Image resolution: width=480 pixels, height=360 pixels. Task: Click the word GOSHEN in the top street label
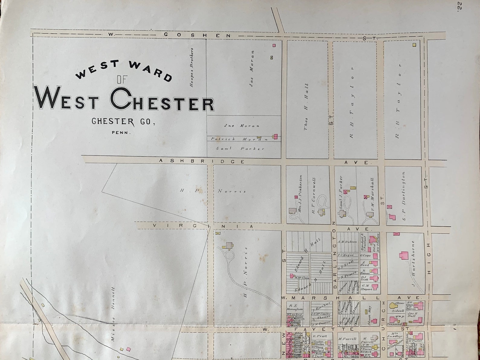coord(197,35)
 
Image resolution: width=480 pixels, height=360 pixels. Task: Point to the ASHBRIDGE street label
coord(202,161)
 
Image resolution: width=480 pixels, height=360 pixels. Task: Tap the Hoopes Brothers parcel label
coord(191,67)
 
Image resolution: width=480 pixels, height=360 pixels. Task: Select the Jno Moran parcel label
coord(242,126)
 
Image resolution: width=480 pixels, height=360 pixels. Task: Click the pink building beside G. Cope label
coord(375,256)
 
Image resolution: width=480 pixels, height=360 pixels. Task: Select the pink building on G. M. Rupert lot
coord(375,287)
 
